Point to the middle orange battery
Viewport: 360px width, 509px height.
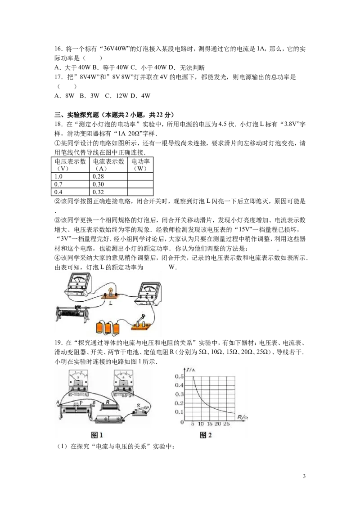(108, 327)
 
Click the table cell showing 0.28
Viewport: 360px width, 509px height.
(108, 176)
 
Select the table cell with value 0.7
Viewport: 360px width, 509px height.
(70, 184)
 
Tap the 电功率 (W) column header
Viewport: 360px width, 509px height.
(140, 165)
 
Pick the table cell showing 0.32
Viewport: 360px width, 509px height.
(108, 192)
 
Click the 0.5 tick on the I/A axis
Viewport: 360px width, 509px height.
(179, 376)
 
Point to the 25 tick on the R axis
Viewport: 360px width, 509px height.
(226, 424)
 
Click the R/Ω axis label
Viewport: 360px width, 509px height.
(243, 417)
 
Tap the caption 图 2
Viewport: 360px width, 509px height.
(206, 435)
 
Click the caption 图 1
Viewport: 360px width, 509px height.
(97, 435)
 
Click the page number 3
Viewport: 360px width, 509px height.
(304, 476)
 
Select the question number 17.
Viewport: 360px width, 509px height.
(58, 77)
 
